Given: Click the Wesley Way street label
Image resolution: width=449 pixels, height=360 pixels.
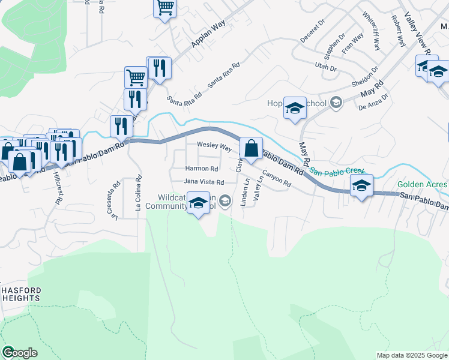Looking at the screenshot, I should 214,146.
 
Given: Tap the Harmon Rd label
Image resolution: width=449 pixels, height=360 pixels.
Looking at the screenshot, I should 201,169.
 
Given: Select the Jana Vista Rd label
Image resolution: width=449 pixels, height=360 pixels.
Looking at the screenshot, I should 203,182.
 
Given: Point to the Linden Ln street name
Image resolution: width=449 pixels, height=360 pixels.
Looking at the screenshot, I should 245,190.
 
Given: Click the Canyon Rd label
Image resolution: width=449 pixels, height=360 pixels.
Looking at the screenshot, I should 277,178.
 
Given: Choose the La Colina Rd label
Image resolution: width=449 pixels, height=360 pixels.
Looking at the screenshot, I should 138,193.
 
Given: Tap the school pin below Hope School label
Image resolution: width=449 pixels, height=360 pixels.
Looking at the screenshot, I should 295,109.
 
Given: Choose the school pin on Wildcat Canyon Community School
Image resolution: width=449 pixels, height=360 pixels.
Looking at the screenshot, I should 199,203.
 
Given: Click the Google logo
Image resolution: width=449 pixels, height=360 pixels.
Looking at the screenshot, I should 19,353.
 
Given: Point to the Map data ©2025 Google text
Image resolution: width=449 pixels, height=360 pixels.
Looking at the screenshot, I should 411,355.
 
